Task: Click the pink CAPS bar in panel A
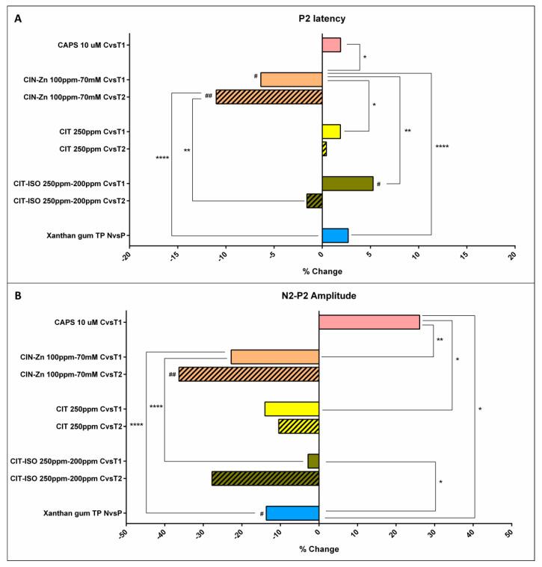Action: pyautogui.click(x=331, y=45)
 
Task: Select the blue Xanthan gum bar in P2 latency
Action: pyautogui.click(x=335, y=235)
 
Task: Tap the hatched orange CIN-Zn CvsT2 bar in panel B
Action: pyautogui.click(x=248, y=374)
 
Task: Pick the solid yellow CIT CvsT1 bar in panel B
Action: pyautogui.click(x=292, y=409)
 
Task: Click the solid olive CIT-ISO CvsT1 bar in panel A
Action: pyautogui.click(x=347, y=183)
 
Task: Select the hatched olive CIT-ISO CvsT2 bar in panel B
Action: pyautogui.click(x=265, y=478)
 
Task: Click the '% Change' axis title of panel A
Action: pyautogui.click(x=321, y=270)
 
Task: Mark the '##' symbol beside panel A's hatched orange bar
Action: pyautogui.click(x=208, y=96)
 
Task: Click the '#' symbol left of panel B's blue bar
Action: pyautogui.click(x=262, y=514)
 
